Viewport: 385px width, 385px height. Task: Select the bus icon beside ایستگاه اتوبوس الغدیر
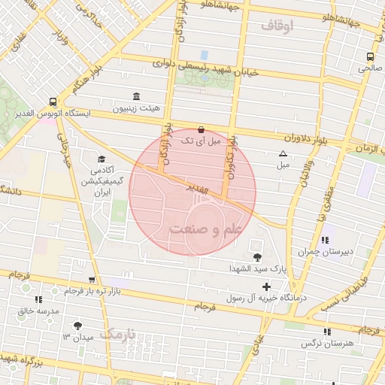click(52, 102)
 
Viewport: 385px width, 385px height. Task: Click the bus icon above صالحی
click(370, 56)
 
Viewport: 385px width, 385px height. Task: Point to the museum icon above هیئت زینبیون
click(136, 96)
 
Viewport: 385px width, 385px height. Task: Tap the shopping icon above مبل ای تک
click(200, 129)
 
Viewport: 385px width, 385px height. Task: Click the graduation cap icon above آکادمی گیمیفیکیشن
click(101, 159)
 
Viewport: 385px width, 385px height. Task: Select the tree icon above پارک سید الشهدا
click(258, 257)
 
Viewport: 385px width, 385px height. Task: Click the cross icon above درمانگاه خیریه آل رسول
click(266, 286)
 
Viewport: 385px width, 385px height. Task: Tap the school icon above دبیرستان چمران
click(324, 241)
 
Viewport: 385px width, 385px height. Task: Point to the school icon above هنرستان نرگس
click(326, 332)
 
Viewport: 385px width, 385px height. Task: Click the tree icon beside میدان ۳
click(78, 326)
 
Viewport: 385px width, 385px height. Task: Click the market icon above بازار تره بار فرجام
click(91, 280)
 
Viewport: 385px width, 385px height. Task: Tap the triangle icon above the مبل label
click(283, 153)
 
